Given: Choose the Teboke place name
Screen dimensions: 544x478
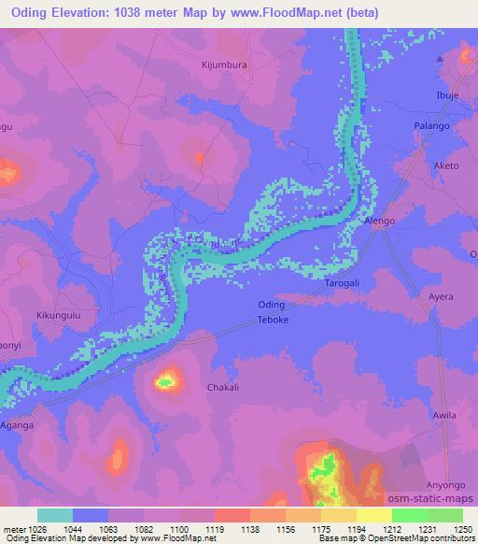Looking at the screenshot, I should point(274,321).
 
